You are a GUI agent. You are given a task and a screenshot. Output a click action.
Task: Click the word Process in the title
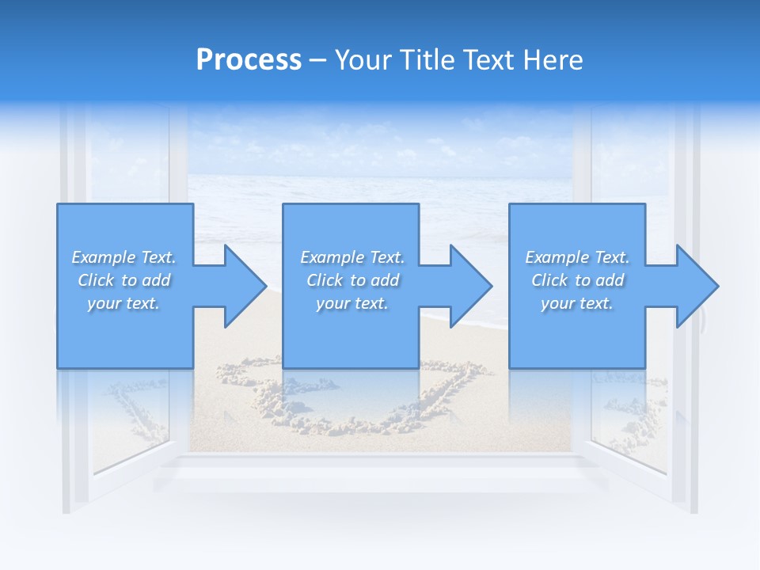coord(249,60)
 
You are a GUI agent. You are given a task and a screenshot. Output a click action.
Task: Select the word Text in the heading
coord(491,60)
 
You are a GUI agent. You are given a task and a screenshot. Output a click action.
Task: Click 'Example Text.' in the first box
coord(123,257)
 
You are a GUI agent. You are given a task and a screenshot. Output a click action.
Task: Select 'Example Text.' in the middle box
coord(352,257)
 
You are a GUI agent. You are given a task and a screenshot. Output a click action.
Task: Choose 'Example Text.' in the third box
coord(577,257)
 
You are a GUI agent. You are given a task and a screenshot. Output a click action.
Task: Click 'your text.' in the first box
coord(123,303)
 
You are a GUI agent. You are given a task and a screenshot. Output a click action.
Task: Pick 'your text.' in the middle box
coord(352,303)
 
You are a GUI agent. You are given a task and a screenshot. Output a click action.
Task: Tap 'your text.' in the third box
coord(577,303)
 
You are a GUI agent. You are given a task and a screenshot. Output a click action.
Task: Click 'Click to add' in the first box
coord(123,280)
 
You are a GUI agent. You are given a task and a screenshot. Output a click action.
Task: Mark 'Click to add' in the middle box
coord(352,280)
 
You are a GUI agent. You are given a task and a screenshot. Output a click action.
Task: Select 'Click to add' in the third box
coord(577,280)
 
